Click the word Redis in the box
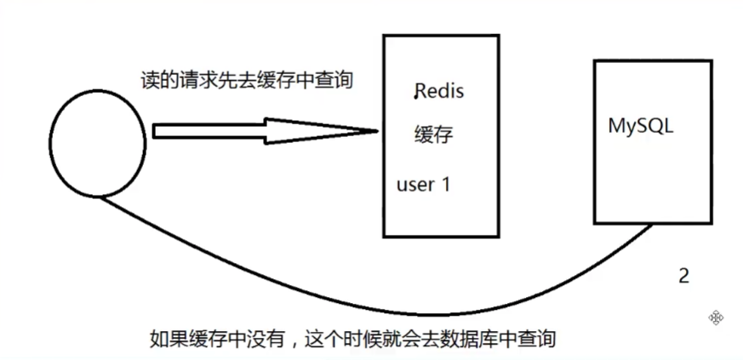point(439,92)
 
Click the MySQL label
point(640,127)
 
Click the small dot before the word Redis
point(415,98)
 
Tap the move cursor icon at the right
point(716,317)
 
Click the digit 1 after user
point(444,184)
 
